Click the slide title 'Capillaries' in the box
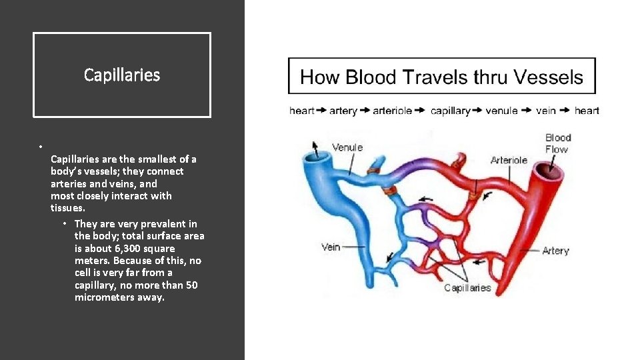[x=122, y=75]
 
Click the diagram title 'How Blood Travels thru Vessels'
[x=441, y=77]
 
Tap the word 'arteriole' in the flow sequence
[x=393, y=111]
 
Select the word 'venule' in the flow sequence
[x=501, y=111]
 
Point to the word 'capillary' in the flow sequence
[x=450, y=111]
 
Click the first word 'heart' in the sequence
[x=301, y=111]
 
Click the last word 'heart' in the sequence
[x=587, y=111]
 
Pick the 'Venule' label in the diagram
[x=347, y=147]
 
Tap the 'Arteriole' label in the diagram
[x=509, y=160]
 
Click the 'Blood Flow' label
[x=558, y=143]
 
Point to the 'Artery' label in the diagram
[x=555, y=251]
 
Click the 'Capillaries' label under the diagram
[x=467, y=288]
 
